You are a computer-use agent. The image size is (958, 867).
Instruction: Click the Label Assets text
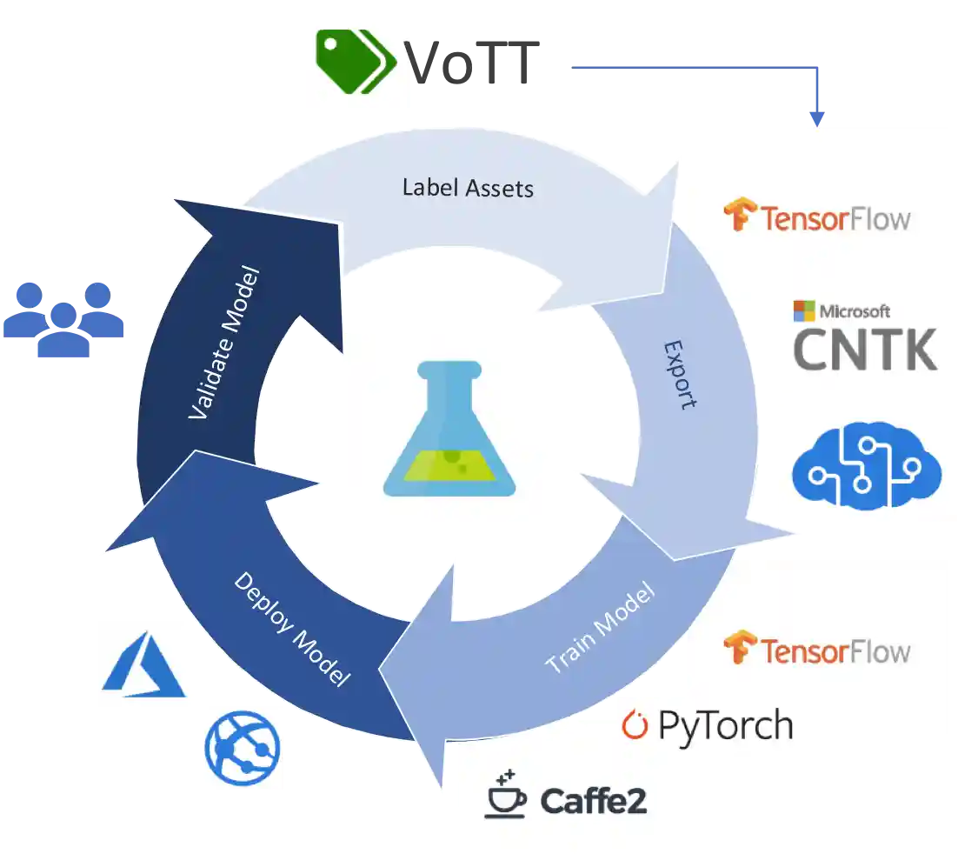click(x=468, y=187)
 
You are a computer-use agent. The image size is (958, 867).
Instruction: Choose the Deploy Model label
click(x=292, y=629)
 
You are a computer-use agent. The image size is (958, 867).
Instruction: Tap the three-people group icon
click(x=63, y=318)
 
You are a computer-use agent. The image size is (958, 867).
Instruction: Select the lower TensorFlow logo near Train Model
click(x=817, y=649)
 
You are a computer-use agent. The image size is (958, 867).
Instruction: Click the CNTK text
click(x=866, y=348)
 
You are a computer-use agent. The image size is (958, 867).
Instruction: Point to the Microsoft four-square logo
click(x=804, y=310)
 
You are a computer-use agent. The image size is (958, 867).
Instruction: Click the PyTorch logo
click(x=708, y=724)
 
